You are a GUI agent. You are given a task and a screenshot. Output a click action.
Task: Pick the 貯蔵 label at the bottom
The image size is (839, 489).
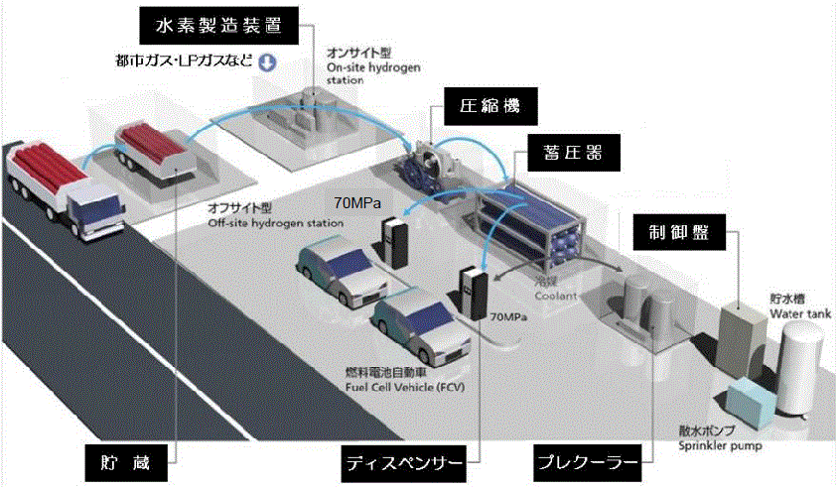[x=122, y=462]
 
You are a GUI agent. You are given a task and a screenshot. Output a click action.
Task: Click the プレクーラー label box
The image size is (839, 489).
[x=583, y=462]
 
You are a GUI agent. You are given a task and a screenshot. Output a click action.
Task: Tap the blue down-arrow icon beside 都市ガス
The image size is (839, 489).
[x=266, y=62]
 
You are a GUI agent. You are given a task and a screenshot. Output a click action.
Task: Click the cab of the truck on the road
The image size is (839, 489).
[x=93, y=210]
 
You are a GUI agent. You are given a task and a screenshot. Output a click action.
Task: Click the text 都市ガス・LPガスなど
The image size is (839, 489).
[x=184, y=62]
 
